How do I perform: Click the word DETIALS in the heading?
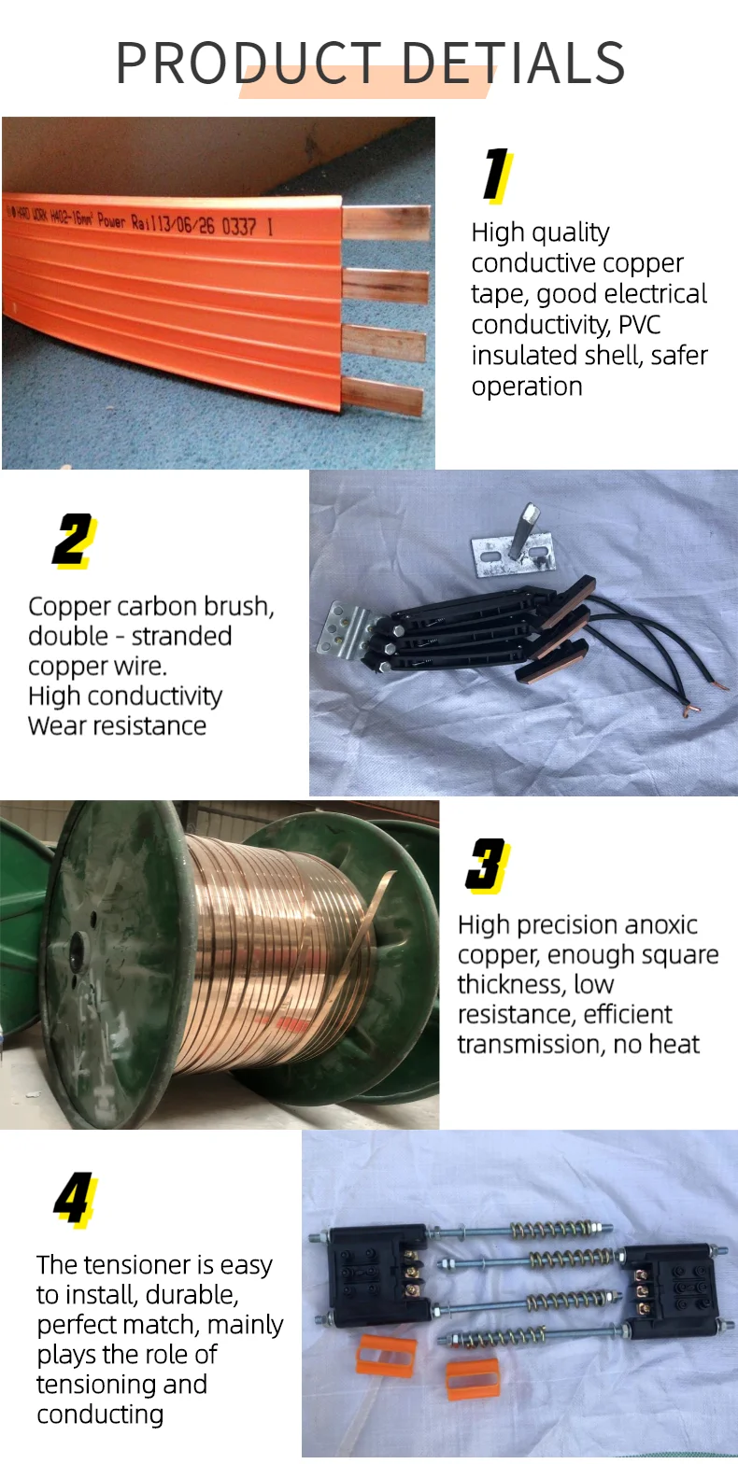point(517,63)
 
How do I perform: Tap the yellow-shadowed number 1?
point(495,175)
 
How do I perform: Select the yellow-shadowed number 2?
point(72,540)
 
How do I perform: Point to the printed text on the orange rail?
point(140,218)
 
